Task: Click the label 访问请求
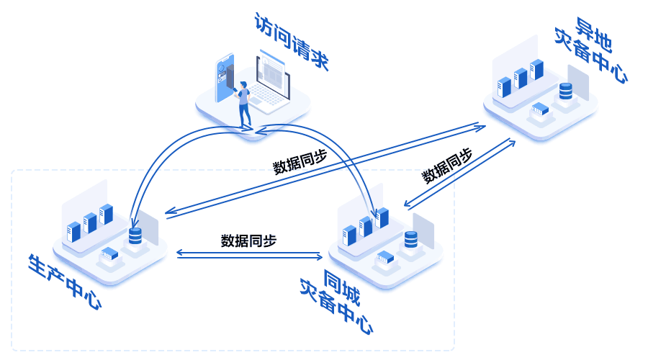click(291, 42)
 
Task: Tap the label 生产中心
click(65, 282)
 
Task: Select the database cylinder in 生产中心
click(135, 235)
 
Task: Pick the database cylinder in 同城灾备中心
click(411, 239)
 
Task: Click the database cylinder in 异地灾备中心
click(565, 91)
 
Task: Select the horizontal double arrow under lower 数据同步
click(249, 253)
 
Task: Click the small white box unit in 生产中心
click(109, 254)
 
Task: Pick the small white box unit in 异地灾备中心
click(540, 110)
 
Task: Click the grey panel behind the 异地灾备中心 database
click(578, 82)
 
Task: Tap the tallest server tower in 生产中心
click(107, 214)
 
